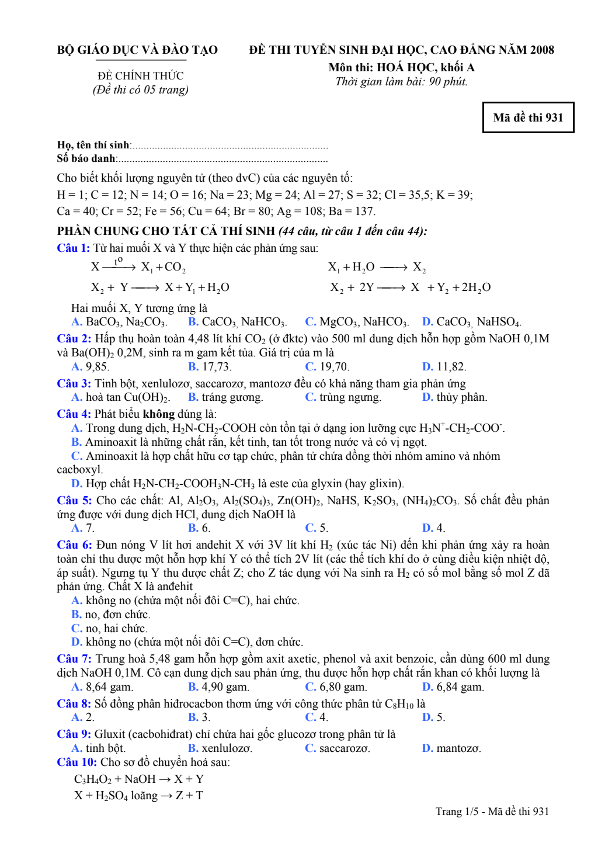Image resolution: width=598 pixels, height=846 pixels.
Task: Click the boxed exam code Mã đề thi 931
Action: [x=528, y=117]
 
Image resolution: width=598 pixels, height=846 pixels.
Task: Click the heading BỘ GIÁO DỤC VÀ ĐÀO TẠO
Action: [x=137, y=50]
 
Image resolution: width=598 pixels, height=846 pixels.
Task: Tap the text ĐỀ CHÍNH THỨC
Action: [x=140, y=76]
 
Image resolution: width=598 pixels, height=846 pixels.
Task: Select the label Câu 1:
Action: [x=73, y=248]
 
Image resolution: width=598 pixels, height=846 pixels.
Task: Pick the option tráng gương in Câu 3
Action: [x=231, y=397]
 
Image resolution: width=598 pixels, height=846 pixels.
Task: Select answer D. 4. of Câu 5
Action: [x=433, y=528]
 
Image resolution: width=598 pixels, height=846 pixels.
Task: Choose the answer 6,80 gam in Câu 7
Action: [x=342, y=687]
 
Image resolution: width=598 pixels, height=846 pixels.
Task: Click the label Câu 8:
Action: [x=74, y=704]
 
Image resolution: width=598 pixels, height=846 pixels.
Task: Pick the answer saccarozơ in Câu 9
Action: [x=344, y=748]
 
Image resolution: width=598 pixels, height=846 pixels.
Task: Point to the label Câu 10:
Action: [x=77, y=762]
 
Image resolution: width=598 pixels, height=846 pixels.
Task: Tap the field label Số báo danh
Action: [x=86, y=158]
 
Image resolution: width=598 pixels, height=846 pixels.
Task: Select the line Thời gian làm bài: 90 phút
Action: [x=401, y=82]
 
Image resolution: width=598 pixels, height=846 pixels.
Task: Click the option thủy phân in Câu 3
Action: [x=461, y=397]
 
